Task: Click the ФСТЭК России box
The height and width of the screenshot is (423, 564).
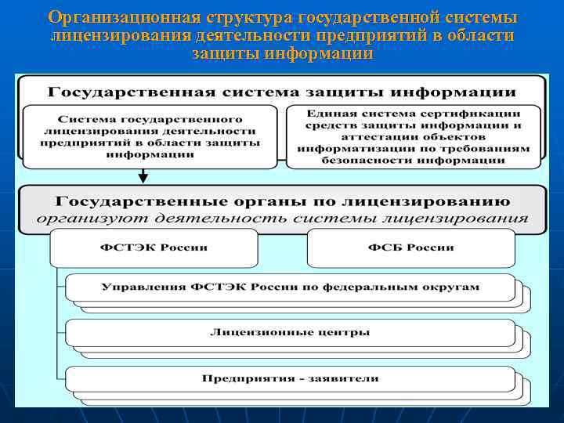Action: tap(154, 248)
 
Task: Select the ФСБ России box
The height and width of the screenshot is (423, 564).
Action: tap(410, 248)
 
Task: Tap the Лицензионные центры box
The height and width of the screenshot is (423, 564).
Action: tap(290, 332)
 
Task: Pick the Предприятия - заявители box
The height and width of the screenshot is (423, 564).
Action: tap(290, 378)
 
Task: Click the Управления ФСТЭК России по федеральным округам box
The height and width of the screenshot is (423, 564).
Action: tap(290, 287)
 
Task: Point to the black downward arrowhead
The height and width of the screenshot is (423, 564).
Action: tap(143, 179)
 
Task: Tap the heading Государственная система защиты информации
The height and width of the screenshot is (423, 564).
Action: tap(282, 91)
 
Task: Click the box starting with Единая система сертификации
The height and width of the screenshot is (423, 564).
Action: tap(414, 136)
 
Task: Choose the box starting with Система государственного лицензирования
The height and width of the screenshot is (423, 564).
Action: tap(150, 136)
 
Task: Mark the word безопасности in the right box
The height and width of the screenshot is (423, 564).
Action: tap(360, 160)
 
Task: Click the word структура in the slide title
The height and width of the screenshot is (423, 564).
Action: tap(242, 17)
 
